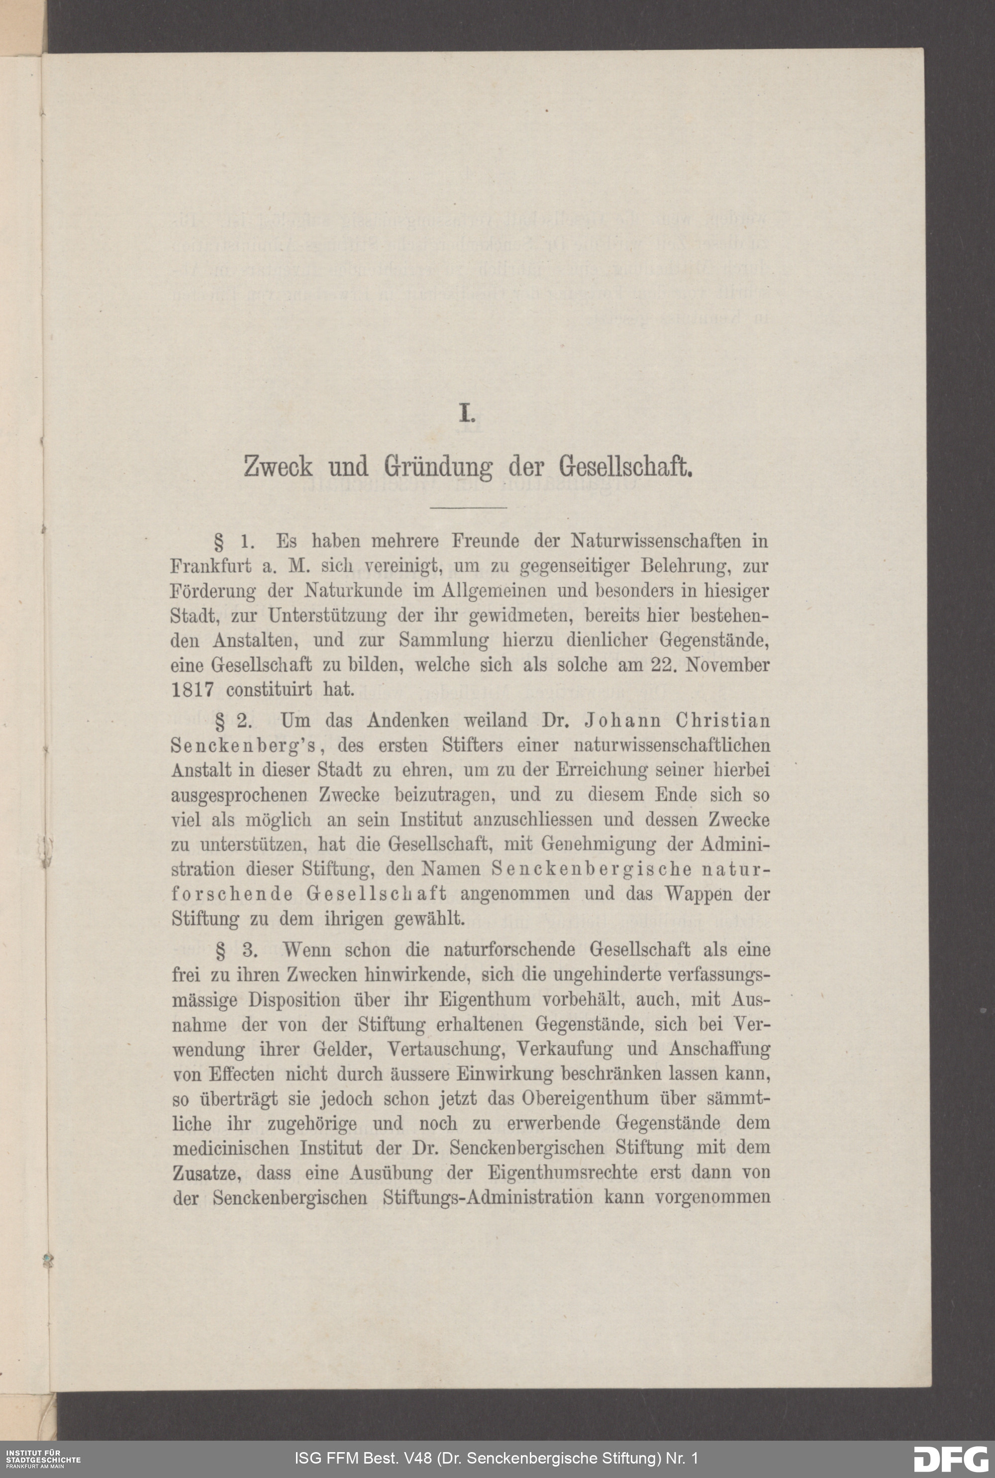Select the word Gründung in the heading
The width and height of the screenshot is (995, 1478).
438,468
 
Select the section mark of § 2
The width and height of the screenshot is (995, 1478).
221,721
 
